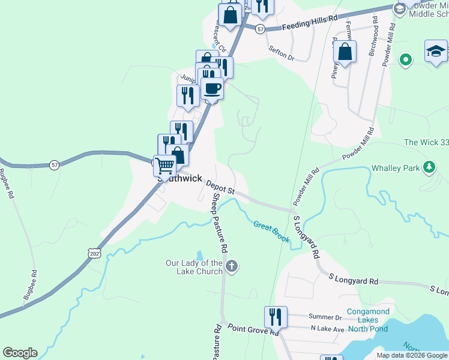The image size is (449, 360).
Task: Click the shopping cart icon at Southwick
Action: pos(165,166)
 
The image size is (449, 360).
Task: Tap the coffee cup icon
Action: pos(211,89)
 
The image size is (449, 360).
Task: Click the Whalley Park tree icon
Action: pos(429,168)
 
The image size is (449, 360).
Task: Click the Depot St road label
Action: pos(220,187)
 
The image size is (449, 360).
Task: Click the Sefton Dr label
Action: pos(282,53)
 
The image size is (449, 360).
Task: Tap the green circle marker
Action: pos(406,59)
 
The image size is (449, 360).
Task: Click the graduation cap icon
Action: pos(436,52)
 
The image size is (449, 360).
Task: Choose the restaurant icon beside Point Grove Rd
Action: pos(276,317)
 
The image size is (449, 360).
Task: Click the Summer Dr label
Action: pos(325,317)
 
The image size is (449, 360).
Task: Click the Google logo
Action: pos(20,353)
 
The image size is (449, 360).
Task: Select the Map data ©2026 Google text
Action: pos(411,355)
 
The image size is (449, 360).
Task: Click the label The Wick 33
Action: pos(426,142)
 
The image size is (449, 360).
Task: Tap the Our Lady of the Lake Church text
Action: pos(194,267)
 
